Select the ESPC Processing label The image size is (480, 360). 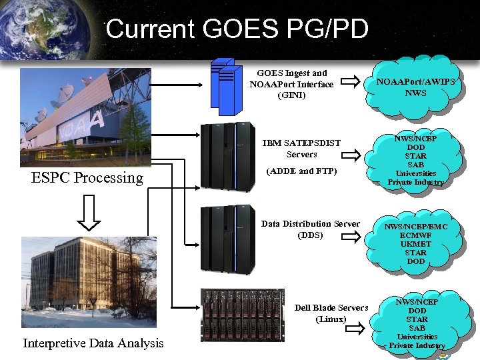(87, 177)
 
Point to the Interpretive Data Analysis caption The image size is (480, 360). (93, 343)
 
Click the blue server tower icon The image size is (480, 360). (225, 83)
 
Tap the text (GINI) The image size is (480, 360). (291, 95)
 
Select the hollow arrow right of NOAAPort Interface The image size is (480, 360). (345, 84)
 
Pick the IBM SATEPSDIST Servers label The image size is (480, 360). (301, 149)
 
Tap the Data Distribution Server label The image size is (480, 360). (310, 224)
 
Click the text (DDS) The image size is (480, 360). (310, 235)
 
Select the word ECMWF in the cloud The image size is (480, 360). (415, 235)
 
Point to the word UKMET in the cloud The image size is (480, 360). (415, 244)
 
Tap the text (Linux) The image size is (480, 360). (331, 319)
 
